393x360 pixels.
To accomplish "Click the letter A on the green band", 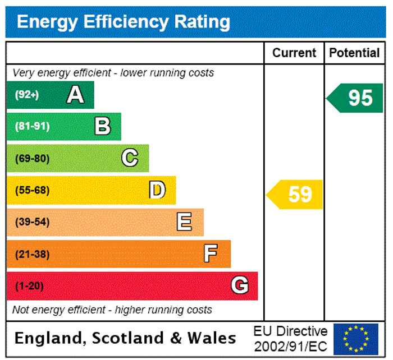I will [75, 95].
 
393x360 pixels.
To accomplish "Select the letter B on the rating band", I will [102, 126].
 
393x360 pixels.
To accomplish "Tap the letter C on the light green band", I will [130, 158].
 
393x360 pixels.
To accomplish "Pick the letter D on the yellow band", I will [157, 190].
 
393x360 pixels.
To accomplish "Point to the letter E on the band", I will [184, 222].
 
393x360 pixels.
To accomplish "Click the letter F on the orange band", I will [211, 254].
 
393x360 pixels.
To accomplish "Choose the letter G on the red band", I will [240, 286].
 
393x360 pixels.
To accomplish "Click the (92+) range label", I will [26, 95].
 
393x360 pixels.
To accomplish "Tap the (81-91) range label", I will [32, 126].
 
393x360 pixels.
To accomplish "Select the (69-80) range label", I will [32, 158].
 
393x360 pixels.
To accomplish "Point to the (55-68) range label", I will [32, 190].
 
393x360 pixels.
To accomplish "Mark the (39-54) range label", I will [32, 222].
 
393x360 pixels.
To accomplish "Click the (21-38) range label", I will [32, 254].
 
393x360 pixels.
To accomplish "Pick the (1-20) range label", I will [29, 286].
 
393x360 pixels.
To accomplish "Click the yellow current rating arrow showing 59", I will [295, 194].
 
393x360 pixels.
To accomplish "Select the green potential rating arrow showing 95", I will [355, 98].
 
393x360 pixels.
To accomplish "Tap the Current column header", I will [294, 53].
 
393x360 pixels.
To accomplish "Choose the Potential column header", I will [354, 53].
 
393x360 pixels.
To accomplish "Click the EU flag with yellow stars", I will [355, 339].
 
